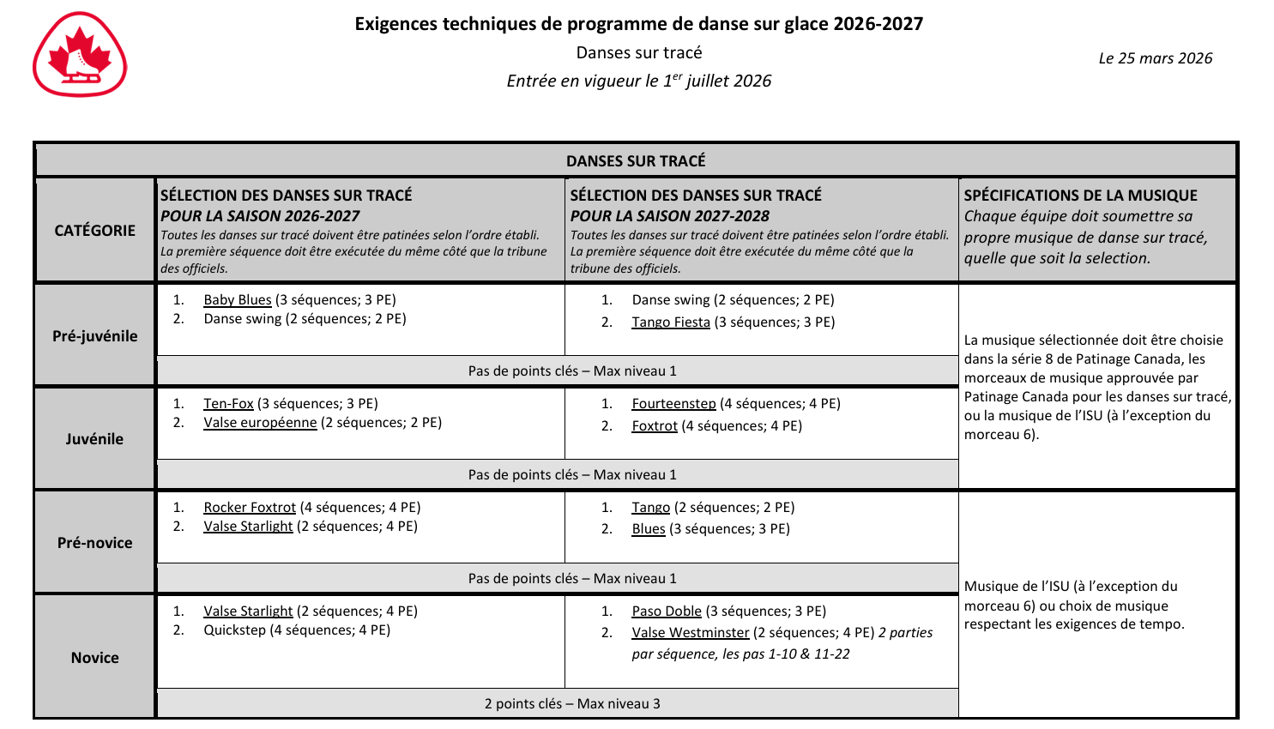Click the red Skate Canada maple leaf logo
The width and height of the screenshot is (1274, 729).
80,54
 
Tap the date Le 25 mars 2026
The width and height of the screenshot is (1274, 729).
1155,58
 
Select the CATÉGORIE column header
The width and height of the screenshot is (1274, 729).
95,230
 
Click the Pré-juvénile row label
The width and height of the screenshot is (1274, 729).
95,335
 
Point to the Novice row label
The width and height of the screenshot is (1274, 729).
95,657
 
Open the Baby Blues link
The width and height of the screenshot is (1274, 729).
237,299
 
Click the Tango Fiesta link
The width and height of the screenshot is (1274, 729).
671,322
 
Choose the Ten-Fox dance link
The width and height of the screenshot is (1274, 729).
228,403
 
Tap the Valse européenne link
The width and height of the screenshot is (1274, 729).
260,422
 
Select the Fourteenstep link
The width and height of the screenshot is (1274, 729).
673,403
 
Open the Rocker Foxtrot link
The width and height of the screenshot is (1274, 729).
250,507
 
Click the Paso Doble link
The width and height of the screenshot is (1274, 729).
667,611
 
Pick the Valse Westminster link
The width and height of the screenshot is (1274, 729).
691,632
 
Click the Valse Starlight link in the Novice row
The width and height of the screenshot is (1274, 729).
248,611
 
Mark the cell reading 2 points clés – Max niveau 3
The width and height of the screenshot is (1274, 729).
572,703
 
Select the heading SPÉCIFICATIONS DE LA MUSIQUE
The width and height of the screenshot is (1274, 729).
1080,195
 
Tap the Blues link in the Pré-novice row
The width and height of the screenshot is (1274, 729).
649,528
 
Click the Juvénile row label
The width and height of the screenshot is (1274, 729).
95,438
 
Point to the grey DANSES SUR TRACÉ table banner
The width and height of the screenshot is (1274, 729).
636,160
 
